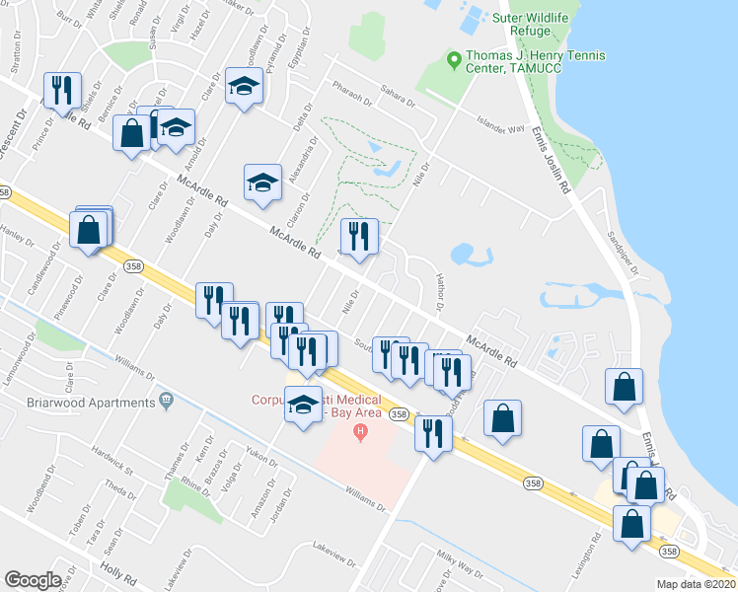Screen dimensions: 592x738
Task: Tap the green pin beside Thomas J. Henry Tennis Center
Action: click(x=454, y=60)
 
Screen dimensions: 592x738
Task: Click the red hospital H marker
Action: click(x=361, y=432)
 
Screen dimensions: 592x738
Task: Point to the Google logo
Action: click(x=33, y=580)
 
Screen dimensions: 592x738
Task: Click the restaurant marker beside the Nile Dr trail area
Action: click(x=358, y=236)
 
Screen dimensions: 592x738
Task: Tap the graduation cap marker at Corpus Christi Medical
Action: click(x=302, y=404)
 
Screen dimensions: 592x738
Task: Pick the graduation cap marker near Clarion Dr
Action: click(x=261, y=183)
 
